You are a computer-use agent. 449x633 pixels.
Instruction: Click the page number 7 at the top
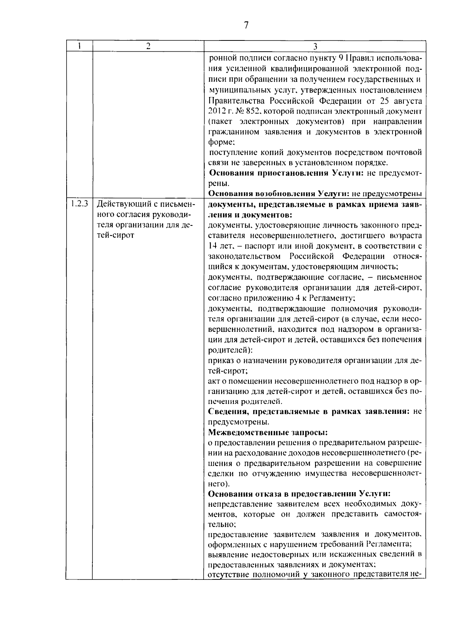[x=246, y=25]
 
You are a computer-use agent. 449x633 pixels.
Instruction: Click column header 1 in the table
[x=79, y=46]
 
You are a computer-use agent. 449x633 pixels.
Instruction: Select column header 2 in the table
[x=148, y=46]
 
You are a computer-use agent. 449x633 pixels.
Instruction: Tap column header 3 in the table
[x=315, y=46]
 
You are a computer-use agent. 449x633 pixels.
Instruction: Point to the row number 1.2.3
[x=79, y=205]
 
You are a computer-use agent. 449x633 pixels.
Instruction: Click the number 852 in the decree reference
[x=250, y=111]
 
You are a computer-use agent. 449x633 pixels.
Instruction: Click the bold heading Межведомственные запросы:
[x=268, y=432]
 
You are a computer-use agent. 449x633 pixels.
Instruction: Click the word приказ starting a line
[x=221, y=361]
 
